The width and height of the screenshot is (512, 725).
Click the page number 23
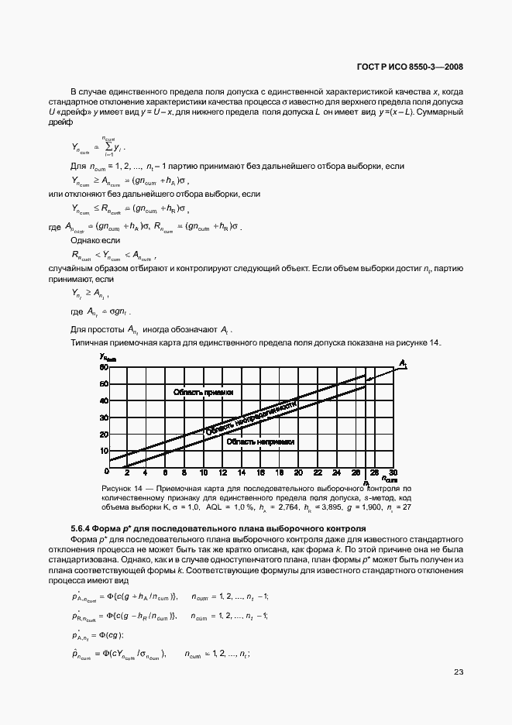point(459,672)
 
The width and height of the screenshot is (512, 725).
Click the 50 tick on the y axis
point(102,384)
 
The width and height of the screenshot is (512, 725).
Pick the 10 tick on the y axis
point(102,451)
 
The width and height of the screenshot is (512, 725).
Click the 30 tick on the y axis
point(102,417)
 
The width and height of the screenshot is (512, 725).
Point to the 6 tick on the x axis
point(165,472)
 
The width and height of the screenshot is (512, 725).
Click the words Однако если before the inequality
point(91,241)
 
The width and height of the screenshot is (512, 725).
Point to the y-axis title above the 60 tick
point(107,356)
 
